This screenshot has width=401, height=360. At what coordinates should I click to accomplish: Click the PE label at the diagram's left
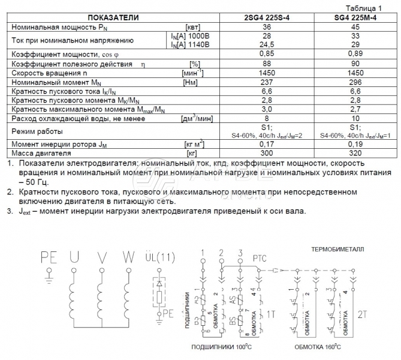coord(47,258)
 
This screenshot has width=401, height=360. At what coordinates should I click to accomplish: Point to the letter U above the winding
coord(74,258)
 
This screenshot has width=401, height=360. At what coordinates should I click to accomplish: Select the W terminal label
coord(128,258)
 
